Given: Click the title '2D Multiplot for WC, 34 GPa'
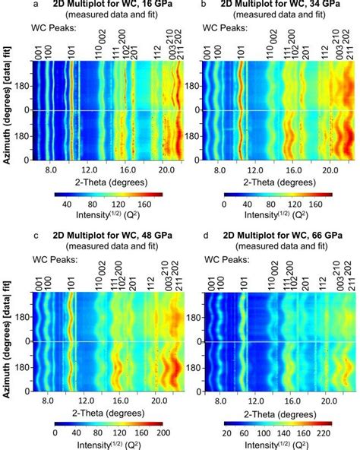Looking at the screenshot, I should [278, 5].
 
